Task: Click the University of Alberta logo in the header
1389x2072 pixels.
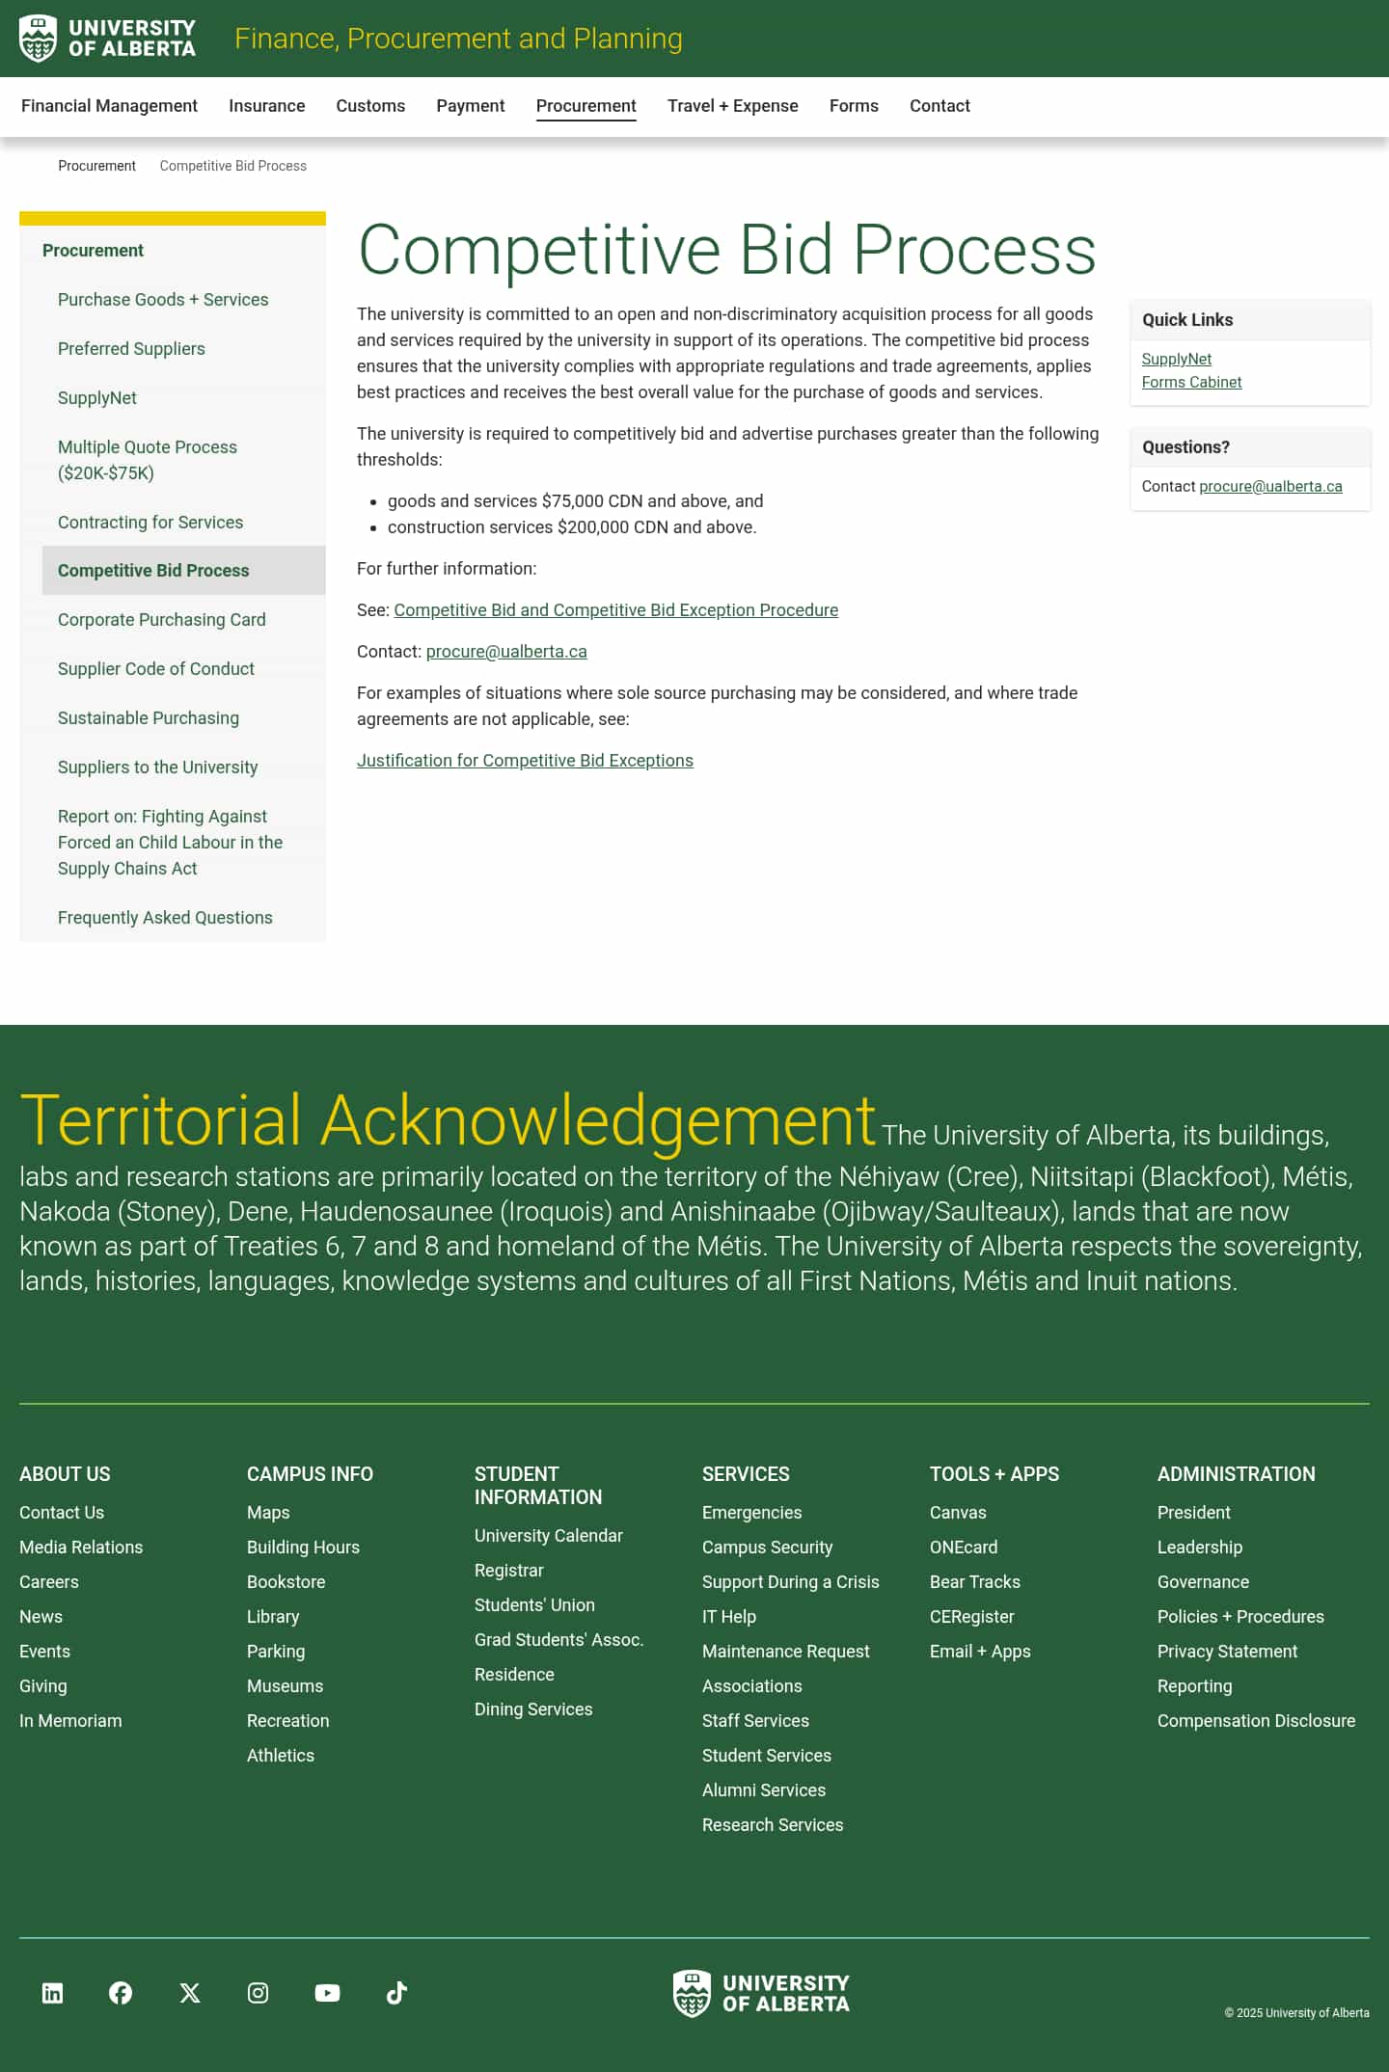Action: (x=107, y=39)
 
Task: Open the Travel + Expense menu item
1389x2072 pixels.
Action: (x=732, y=106)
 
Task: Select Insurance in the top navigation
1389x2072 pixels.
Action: (x=266, y=106)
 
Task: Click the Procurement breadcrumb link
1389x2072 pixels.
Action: (x=96, y=166)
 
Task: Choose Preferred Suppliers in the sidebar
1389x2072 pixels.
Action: (x=131, y=349)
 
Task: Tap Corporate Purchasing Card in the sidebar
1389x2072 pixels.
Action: (x=161, y=620)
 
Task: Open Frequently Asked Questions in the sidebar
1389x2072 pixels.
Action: (x=165, y=918)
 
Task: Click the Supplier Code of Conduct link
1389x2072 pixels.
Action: (x=156, y=669)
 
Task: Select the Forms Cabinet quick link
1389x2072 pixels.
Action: (x=1191, y=383)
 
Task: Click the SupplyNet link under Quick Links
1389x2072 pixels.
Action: (x=1176, y=360)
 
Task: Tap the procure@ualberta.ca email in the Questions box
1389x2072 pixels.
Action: (x=1270, y=487)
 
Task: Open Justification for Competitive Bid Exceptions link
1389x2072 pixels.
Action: (x=525, y=761)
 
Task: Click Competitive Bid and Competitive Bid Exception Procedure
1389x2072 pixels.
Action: (x=615, y=610)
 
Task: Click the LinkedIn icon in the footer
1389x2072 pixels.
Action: (x=53, y=1993)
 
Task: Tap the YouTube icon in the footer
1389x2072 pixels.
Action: (x=327, y=1993)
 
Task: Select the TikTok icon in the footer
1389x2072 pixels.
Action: (x=396, y=1993)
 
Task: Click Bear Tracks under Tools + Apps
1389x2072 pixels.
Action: (x=974, y=1582)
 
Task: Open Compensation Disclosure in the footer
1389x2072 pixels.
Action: (x=1256, y=1721)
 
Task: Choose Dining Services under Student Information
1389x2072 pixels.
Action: (x=533, y=1709)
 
